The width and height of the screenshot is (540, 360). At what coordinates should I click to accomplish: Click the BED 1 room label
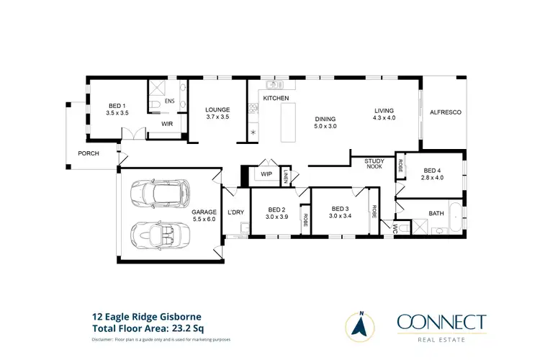[117, 109]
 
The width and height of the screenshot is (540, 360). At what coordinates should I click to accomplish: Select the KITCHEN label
[276, 98]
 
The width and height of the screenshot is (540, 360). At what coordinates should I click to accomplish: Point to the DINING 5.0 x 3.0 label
[325, 122]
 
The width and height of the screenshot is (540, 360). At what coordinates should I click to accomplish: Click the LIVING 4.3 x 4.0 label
[384, 113]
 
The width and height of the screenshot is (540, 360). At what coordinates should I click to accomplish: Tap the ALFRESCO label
[445, 112]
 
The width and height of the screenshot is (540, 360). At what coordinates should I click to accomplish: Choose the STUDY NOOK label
[374, 163]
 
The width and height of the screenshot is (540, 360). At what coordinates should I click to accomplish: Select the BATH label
[436, 213]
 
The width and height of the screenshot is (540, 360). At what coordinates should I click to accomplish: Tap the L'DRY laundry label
[236, 212]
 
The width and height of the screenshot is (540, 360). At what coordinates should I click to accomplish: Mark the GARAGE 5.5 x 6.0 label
[203, 215]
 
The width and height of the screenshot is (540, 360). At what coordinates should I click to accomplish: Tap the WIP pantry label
[266, 174]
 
